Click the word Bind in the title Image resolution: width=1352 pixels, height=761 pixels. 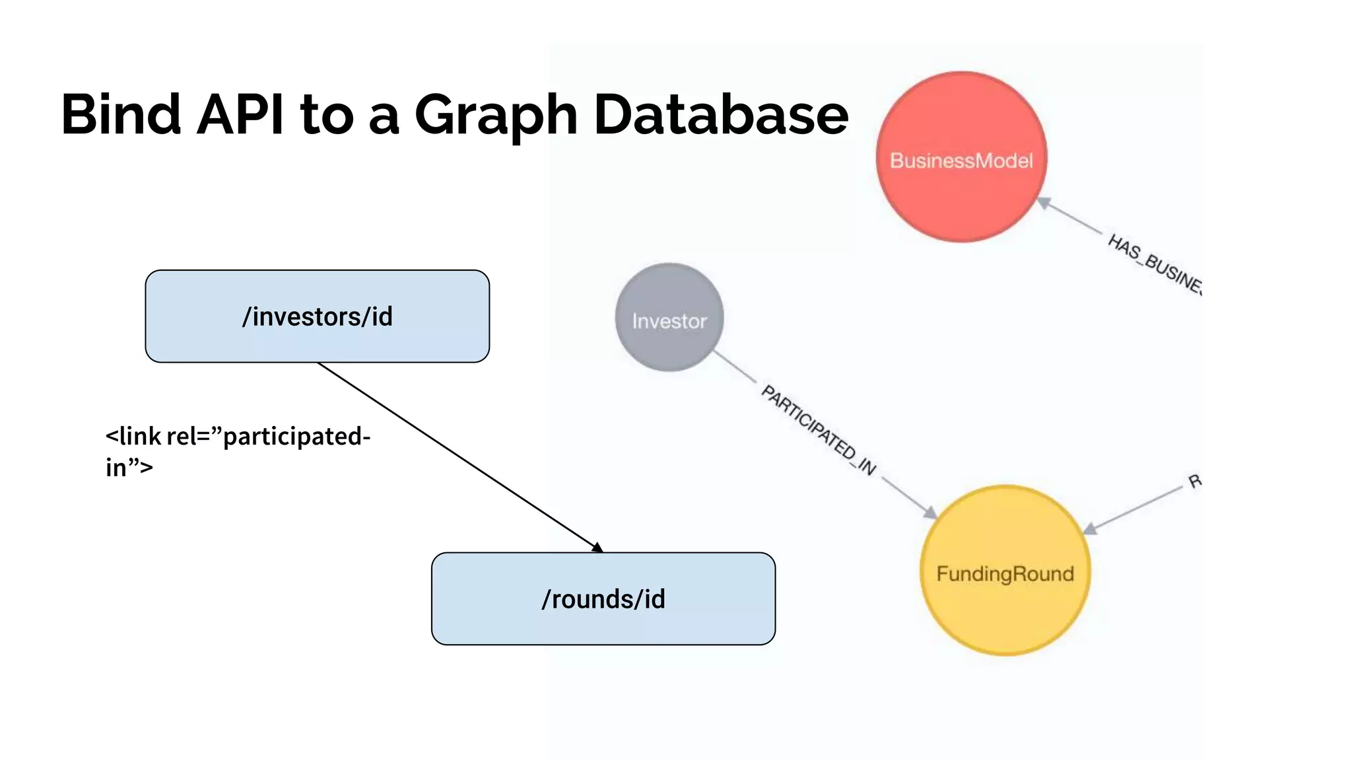coord(121,114)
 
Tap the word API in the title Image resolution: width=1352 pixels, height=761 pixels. coord(240,114)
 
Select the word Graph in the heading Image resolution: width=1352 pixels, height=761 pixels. coord(496,116)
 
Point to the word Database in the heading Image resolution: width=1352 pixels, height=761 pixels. coord(720,114)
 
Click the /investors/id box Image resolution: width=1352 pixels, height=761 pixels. coord(317,316)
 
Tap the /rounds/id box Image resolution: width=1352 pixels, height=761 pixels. coord(603,599)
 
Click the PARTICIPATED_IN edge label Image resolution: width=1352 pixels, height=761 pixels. coord(819,430)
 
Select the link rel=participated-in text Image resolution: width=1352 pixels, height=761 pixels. coord(238,451)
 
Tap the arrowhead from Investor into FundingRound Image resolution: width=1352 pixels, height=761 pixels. coord(930,512)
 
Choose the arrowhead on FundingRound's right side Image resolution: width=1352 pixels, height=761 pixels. coord(1091,528)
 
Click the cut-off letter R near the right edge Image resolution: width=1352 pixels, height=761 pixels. coord(1194,481)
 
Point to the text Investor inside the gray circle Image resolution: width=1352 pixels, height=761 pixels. coord(669,321)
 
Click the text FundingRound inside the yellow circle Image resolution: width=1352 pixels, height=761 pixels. coord(1005,573)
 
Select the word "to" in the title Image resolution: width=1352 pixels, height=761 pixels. coord(327,116)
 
